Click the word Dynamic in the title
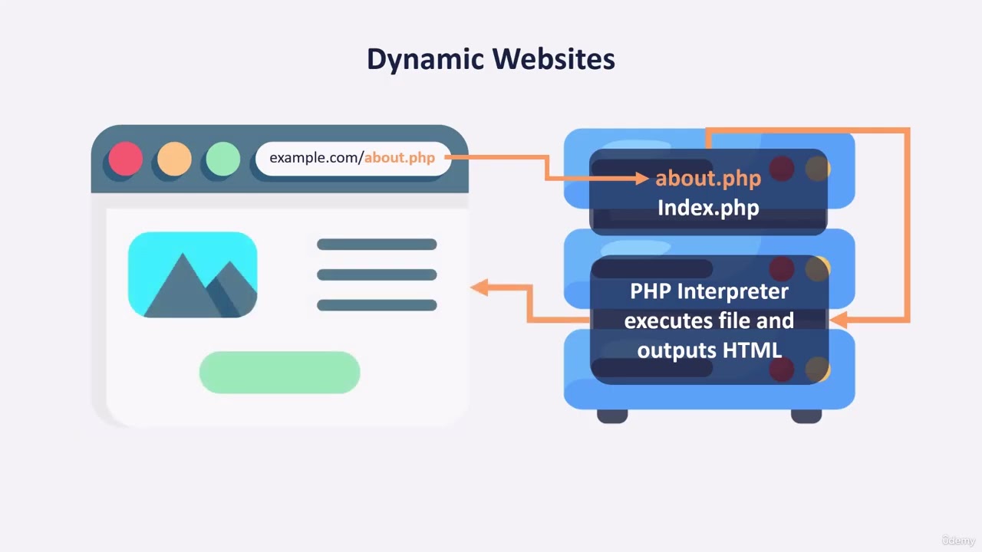tap(425, 60)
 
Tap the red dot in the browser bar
tap(125, 159)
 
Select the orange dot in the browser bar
tap(174, 159)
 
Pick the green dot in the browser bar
tap(223, 159)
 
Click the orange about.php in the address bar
tap(399, 158)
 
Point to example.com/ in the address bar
tap(316, 158)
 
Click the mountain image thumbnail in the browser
tap(193, 274)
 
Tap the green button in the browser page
tap(279, 372)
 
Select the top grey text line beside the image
tap(377, 245)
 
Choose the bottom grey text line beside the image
tap(377, 305)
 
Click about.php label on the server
tap(707, 179)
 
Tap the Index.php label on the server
tap(707, 207)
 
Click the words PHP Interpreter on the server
tap(709, 291)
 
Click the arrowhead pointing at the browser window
tap(479, 287)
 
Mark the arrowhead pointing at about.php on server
tap(642, 179)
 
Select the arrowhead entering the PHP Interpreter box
tap(838, 320)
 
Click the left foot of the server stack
tap(612, 416)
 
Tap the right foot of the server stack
tap(806, 416)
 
